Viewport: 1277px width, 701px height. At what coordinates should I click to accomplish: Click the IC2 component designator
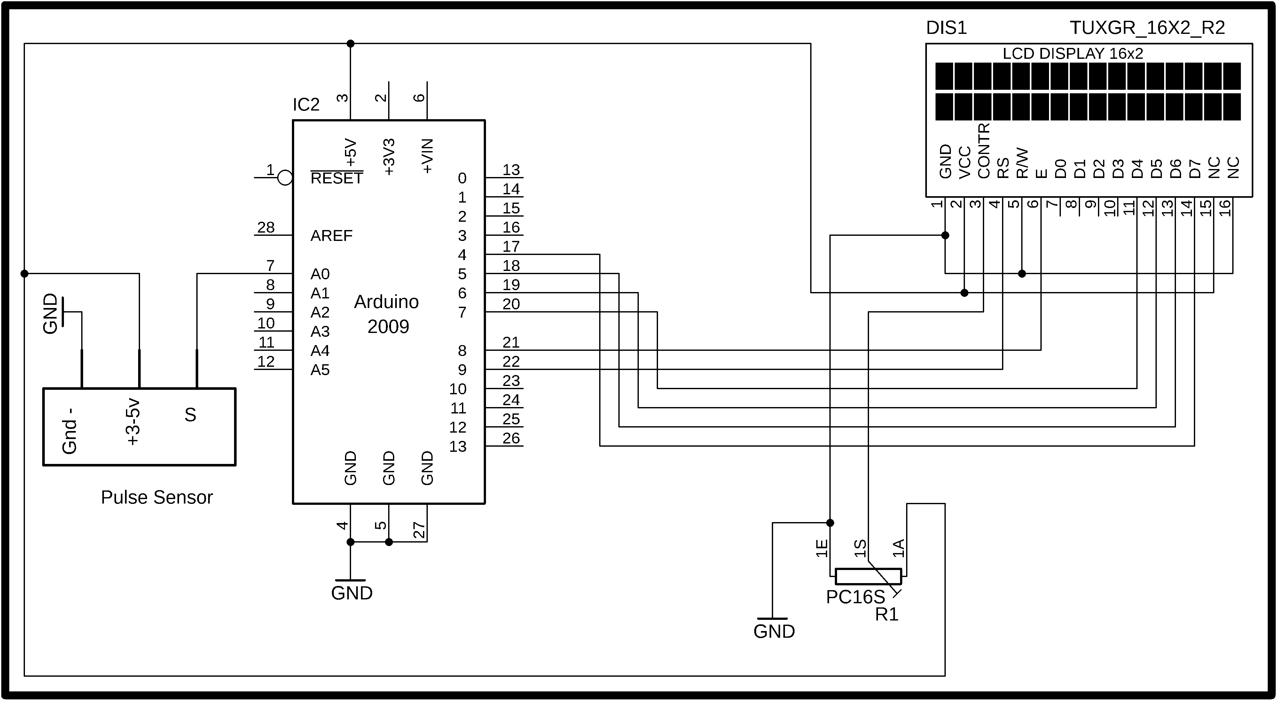tap(306, 104)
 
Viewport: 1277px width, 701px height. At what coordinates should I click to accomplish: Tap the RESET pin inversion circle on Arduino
tap(285, 177)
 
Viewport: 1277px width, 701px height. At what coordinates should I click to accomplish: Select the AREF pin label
tap(331, 235)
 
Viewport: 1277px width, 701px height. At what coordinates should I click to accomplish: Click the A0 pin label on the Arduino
tap(320, 274)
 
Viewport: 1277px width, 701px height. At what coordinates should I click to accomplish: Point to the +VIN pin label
tap(427, 156)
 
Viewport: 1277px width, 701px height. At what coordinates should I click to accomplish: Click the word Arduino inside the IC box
tap(386, 302)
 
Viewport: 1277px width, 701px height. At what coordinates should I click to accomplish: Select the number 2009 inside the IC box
tap(388, 327)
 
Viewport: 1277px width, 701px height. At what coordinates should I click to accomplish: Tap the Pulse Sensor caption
tap(157, 497)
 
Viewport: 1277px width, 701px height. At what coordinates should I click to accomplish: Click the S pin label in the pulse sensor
tap(190, 415)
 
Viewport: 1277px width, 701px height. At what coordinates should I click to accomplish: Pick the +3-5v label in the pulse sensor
tap(133, 422)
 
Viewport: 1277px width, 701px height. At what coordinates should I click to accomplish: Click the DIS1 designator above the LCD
tap(946, 28)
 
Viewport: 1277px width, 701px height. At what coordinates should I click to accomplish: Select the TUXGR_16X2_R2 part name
tap(1147, 28)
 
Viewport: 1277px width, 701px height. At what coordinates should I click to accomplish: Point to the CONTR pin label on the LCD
tap(983, 150)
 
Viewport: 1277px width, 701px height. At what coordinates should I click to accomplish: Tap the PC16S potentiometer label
tap(855, 597)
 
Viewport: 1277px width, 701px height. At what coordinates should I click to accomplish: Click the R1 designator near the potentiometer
tap(886, 614)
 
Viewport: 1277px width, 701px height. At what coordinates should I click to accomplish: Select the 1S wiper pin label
tap(860, 548)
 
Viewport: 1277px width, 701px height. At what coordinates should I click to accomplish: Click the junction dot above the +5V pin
tap(350, 43)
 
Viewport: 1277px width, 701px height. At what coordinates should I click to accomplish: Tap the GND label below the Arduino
tap(351, 593)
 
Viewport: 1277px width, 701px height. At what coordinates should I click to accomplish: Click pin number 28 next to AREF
tap(266, 227)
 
